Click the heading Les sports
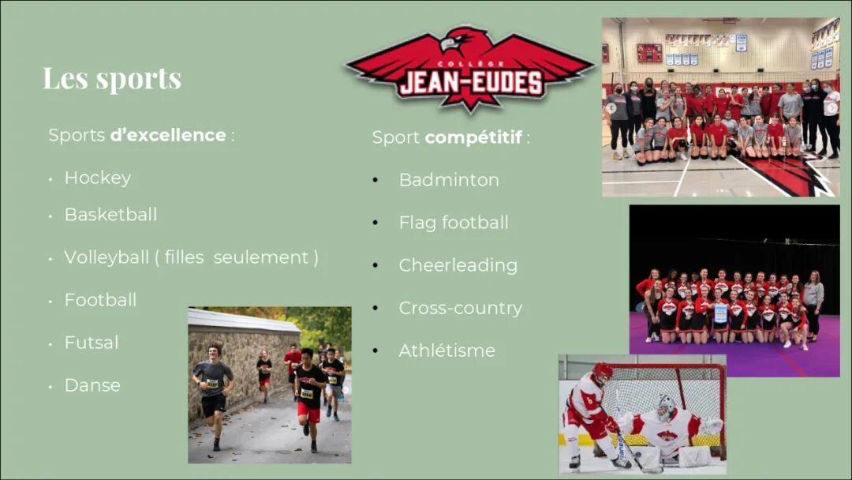(x=112, y=78)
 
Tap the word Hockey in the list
(x=98, y=178)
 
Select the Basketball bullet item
(x=111, y=214)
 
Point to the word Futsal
(x=92, y=343)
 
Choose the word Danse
(x=92, y=385)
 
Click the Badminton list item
(x=449, y=180)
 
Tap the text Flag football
(x=454, y=223)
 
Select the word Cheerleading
(x=458, y=265)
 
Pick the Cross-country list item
(x=460, y=308)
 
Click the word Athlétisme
(x=447, y=350)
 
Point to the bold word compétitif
(x=473, y=137)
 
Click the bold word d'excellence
(x=168, y=135)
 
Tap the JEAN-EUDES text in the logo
(x=471, y=83)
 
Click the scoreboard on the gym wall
(x=649, y=53)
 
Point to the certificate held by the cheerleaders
(x=720, y=313)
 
